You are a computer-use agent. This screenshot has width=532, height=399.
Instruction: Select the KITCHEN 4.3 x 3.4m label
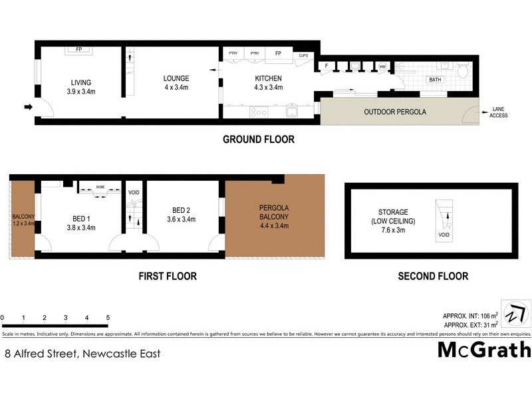[x=269, y=83]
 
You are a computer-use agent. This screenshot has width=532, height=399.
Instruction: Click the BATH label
[x=435, y=80]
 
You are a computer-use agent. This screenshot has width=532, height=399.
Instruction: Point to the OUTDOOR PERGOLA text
[x=395, y=112]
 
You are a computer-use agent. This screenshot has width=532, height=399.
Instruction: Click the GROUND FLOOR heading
[x=258, y=140]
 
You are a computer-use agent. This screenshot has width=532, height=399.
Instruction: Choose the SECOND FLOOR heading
[x=432, y=276]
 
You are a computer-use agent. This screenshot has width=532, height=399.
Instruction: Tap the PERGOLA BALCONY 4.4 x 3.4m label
[x=274, y=216]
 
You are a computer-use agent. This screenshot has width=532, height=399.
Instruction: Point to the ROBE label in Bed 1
[x=100, y=188]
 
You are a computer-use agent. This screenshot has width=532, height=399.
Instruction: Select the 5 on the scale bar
[x=108, y=318]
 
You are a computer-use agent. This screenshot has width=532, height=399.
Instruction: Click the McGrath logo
[x=484, y=350]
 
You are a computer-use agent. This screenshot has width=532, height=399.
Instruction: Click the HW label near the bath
[x=382, y=66]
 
